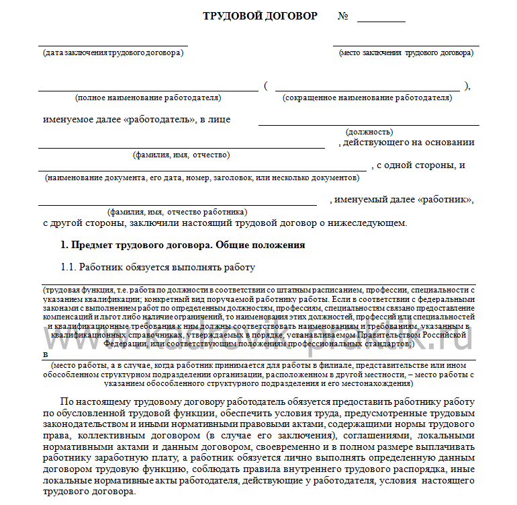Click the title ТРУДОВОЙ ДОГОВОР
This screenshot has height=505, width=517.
[x=260, y=15]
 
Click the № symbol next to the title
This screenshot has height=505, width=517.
[x=342, y=15]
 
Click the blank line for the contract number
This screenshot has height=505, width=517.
[x=381, y=20]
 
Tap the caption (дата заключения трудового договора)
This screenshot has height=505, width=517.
[x=112, y=52]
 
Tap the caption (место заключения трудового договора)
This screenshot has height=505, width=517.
[x=406, y=52]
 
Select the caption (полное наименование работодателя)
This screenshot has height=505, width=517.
[x=148, y=98]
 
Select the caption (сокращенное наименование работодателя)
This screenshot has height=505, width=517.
[x=367, y=98]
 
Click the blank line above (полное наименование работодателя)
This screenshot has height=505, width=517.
[x=148, y=88]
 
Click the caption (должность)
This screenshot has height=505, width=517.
[x=369, y=132]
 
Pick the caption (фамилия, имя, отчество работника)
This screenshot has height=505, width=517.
[x=178, y=210]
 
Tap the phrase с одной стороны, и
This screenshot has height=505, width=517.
[x=421, y=165]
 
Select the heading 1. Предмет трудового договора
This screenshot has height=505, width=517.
[x=183, y=245]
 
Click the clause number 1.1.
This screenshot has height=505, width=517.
[x=70, y=267]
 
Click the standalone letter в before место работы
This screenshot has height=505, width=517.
[x=45, y=354]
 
